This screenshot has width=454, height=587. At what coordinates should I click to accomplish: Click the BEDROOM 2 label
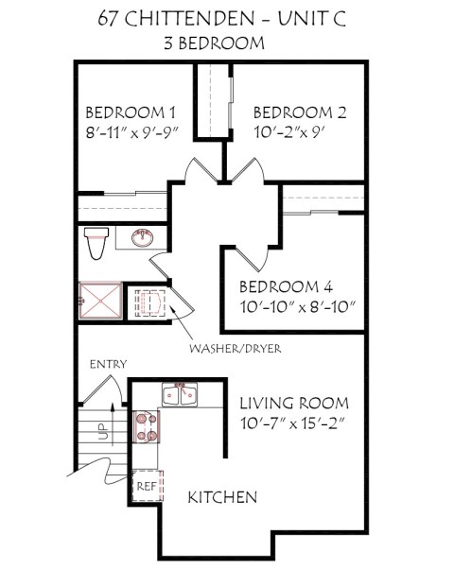coord(300,112)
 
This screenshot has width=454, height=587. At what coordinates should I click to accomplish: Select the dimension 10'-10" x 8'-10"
coord(298,307)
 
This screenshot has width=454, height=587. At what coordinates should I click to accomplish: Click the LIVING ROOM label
coord(294,402)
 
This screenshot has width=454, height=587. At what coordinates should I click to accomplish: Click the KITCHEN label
coord(221,497)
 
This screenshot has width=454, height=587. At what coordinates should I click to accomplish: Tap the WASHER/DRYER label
coord(236,348)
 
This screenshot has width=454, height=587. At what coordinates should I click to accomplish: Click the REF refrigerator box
coord(146,485)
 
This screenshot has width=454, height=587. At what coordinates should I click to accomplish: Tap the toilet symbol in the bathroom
coord(93,243)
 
